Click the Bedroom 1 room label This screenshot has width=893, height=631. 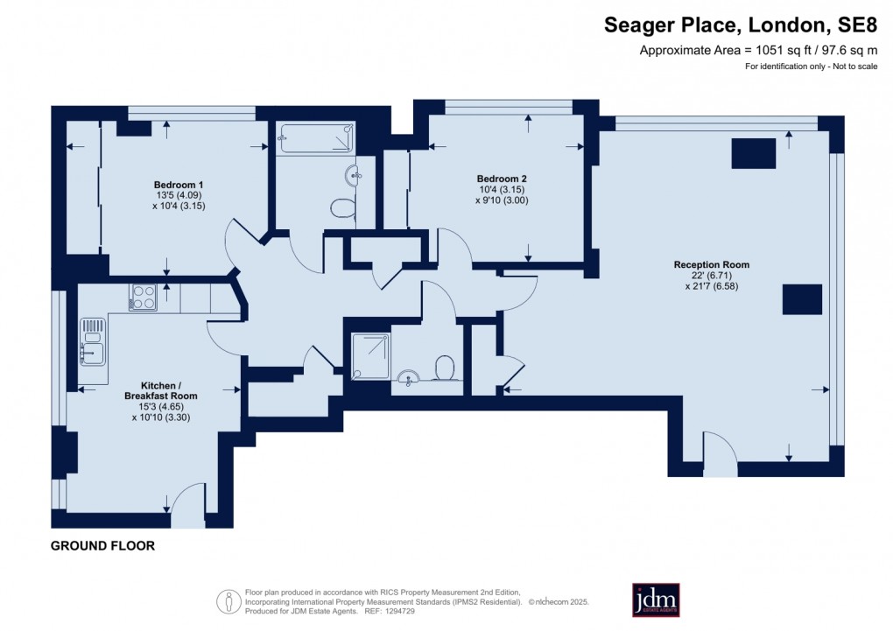tap(179, 185)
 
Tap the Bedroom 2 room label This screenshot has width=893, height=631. tap(502, 178)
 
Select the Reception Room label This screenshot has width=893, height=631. tap(711, 264)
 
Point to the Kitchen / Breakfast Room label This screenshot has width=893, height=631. tap(169, 390)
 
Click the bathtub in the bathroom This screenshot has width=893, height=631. tap(316, 139)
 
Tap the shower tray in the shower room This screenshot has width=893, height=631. tap(370, 355)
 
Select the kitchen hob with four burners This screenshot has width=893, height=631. tap(142, 298)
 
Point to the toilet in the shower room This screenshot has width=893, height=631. tap(445, 368)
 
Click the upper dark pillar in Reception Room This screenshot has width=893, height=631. tap(753, 154)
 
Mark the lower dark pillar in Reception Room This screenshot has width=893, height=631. tap(802, 299)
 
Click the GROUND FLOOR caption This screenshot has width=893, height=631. tap(102, 546)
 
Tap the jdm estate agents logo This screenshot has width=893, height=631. tap(656, 599)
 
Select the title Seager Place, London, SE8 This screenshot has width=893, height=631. tap(740, 26)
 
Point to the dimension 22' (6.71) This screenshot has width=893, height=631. tap(711, 275)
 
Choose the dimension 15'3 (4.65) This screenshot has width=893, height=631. tap(169, 407)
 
